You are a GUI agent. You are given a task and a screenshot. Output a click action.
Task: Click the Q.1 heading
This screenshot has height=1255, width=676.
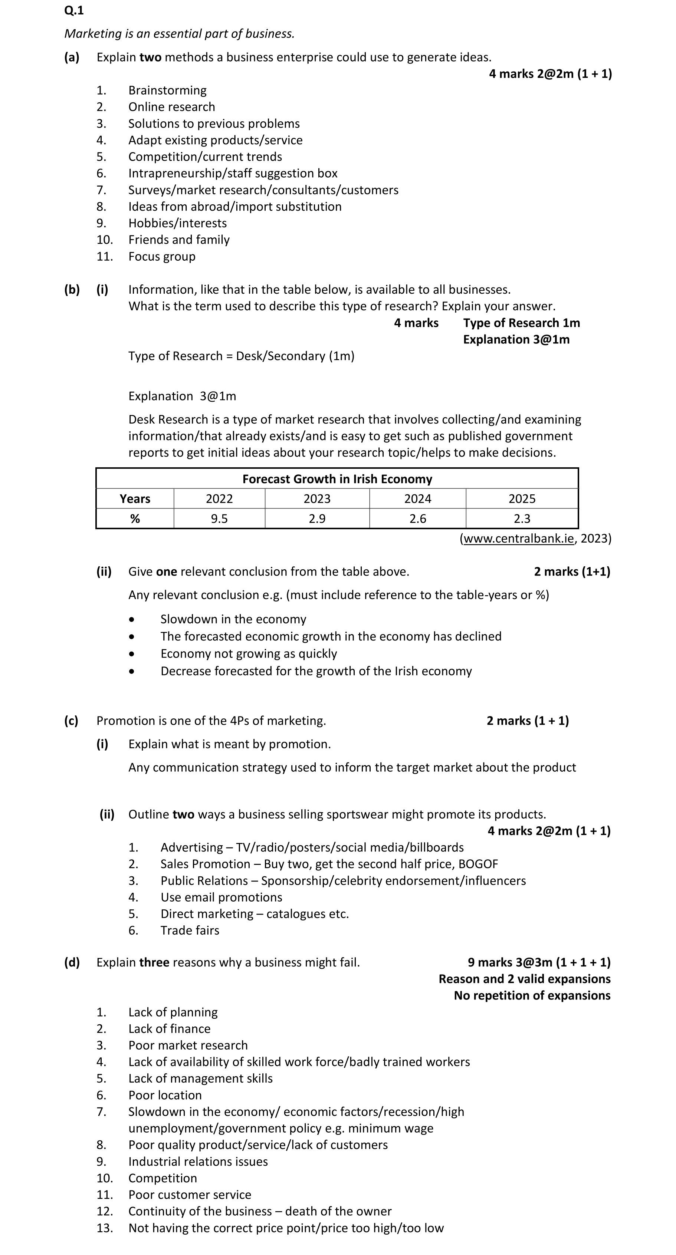pyautogui.click(x=74, y=10)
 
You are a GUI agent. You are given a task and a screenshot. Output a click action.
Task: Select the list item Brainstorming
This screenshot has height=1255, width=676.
pyautogui.click(x=167, y=90)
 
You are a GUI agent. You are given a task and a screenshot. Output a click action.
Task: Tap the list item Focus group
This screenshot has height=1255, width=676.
pyautogui.click(x=161, y=256)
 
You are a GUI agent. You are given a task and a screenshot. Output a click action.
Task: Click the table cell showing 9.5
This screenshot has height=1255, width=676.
pyautogui.click(x=219, y=518)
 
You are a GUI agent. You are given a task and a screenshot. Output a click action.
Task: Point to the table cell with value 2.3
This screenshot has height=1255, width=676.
pyautogui.click(x=522, y=518)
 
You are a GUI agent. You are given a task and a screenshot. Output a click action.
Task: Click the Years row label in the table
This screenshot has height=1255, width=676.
pyautogui.click(x=135, y=498)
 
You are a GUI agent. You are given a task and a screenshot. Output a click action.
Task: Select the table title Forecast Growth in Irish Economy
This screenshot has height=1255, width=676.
pyautogui.click(x=337, y=479)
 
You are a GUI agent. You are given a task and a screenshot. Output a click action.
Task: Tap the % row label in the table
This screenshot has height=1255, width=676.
pyautogui.click(x=135, y=518)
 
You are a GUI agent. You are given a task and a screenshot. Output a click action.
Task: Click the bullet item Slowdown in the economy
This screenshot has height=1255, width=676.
pyautogui.click(x=233, y=619)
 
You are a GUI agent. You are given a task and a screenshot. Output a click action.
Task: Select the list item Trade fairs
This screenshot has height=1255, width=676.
pyautogui.click(x=190, y=930)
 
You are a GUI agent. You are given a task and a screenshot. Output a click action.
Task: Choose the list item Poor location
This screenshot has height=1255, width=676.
pyautogui.click(x=165, y=1095)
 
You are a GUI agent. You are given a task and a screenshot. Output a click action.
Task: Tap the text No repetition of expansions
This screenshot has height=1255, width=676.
pyautogui.click(x=532, y=995)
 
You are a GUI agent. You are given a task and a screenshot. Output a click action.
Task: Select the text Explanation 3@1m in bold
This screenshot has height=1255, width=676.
pyautogui.click(x=516, y=340)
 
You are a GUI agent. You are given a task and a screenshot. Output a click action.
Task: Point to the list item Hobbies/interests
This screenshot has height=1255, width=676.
pyautogui.click(x=177, y=223)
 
